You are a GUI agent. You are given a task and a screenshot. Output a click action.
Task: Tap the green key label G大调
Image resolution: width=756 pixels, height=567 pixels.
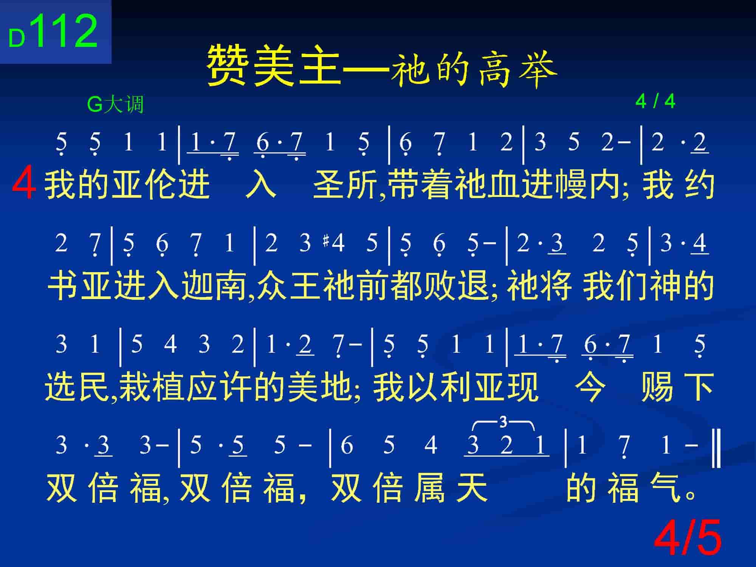click(x=115, y=104)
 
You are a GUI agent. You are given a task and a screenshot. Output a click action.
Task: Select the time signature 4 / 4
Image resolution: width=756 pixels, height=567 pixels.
click(x=655, y=101)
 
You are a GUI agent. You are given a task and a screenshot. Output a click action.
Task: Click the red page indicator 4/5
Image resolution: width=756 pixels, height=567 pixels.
click(x=688, y=538)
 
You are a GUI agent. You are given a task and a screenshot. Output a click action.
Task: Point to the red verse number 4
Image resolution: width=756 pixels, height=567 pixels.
click(x=24, y=185)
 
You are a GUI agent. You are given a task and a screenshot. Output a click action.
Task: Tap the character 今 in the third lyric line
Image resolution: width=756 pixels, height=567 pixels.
click(x=589, y=386)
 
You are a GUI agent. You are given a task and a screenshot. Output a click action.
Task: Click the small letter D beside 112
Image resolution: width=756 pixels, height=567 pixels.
click(x=17, y=39)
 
